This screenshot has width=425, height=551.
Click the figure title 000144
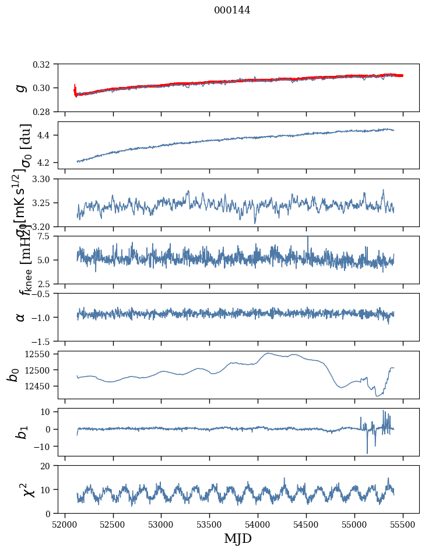[x=232, y=10]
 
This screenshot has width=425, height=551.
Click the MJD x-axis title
[x=238, y=538]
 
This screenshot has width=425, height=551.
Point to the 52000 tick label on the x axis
[x=65, y=524]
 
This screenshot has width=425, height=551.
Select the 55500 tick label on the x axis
[x=404, y=524]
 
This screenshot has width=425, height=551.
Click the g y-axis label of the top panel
[x=21, y=88]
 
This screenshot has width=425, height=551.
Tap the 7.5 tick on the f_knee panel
[x=49, y=236]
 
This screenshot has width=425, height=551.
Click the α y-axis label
[x=21, y=317]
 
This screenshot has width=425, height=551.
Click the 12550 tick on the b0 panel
[x=41, y=354]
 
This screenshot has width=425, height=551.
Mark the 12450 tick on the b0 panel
[x=41, y=386]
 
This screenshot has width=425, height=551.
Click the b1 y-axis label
[x=21, y=432]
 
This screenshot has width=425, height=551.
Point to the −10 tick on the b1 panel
[x=44, y=447]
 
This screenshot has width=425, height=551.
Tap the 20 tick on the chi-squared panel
[x=49, y=466]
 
